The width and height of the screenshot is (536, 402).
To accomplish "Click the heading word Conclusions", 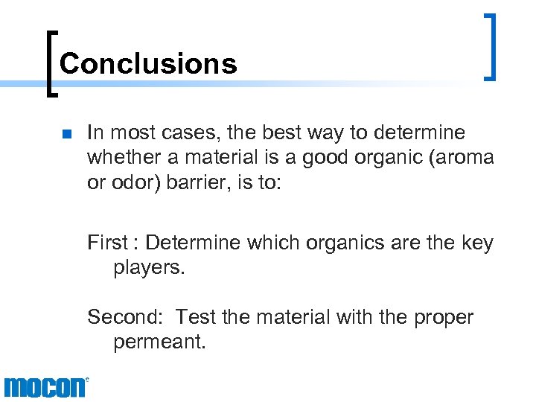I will pos(147,64).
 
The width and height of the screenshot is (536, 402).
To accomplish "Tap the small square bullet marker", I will pos(66,135).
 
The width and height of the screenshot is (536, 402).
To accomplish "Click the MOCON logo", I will pos(45,387).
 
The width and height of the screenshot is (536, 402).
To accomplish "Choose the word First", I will pos(107,243).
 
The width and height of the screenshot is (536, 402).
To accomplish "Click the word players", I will pos(149,267).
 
